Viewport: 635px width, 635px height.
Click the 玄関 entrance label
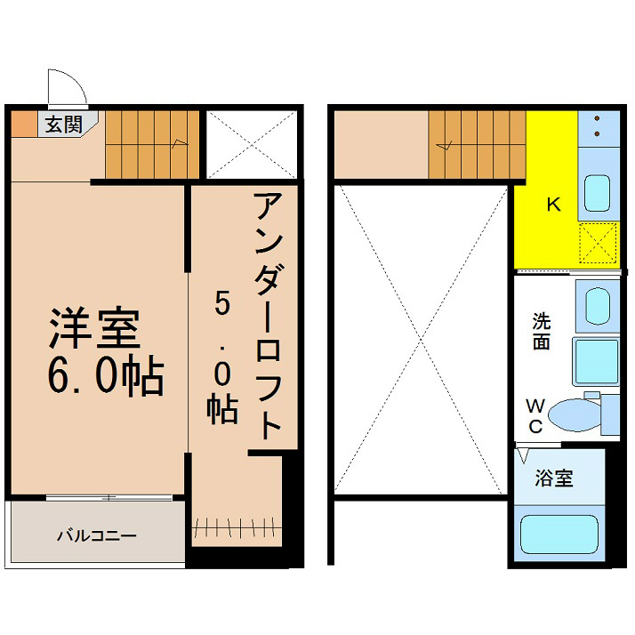(63, 125)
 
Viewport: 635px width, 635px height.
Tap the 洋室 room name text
(95, 328)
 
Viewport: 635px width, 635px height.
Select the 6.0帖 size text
(106, 375)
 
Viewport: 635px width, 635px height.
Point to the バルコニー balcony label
(96, 535)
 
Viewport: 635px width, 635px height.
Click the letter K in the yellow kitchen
(553, 205)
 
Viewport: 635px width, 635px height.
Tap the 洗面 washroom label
(542, 331)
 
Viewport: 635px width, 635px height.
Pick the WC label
(535, 416)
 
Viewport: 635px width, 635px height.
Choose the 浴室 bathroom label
(554, 478)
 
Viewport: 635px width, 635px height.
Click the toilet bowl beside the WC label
(575, 415)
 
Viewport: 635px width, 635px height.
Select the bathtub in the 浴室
(559, 535)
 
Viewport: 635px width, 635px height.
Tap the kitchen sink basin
(598, 193)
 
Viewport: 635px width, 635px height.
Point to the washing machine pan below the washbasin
(596, 362)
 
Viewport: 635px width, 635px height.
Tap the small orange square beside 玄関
(24, 124)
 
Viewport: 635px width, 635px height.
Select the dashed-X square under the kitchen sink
(599, 243)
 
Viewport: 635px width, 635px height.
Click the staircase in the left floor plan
(152, 145)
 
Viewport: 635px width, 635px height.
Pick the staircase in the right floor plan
(477, 145)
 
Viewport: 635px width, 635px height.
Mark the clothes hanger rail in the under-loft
(237, 527)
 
